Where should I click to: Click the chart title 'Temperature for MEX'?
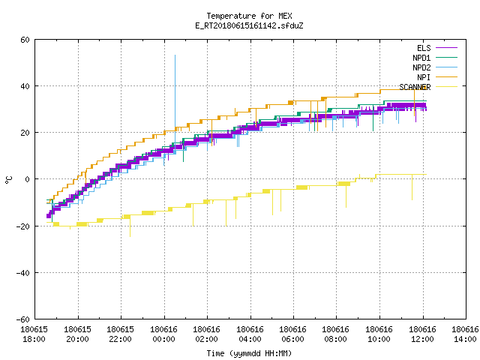tap(249, 16)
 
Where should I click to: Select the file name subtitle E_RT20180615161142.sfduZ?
tap(249, 25)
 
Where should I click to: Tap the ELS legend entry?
tap(424, 48)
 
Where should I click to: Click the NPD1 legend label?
tap(421, 58)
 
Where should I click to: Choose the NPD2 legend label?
tap(421, 67)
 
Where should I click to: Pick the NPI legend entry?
tap(424, 77)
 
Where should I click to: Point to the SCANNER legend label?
tap(415, 87)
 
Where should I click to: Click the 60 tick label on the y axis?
tap(25, 40)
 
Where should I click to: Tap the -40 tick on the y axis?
tap(22, 273)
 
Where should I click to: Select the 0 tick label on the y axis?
tap(27, 179)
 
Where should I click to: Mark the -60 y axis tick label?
tap(22, 319)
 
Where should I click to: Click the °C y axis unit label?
tap(8, 180)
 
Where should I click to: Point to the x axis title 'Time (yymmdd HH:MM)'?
tap(249, 353)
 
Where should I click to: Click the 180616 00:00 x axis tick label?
tap(163, 334)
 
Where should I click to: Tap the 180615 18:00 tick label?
tap(34, 334)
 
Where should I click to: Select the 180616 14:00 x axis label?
tap(465, 334)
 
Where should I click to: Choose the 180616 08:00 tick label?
tap(336, 334)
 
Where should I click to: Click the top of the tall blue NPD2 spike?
tap(175, 55)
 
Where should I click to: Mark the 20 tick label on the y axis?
tap(25, 133)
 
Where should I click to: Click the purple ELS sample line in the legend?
tap(446, 48)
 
